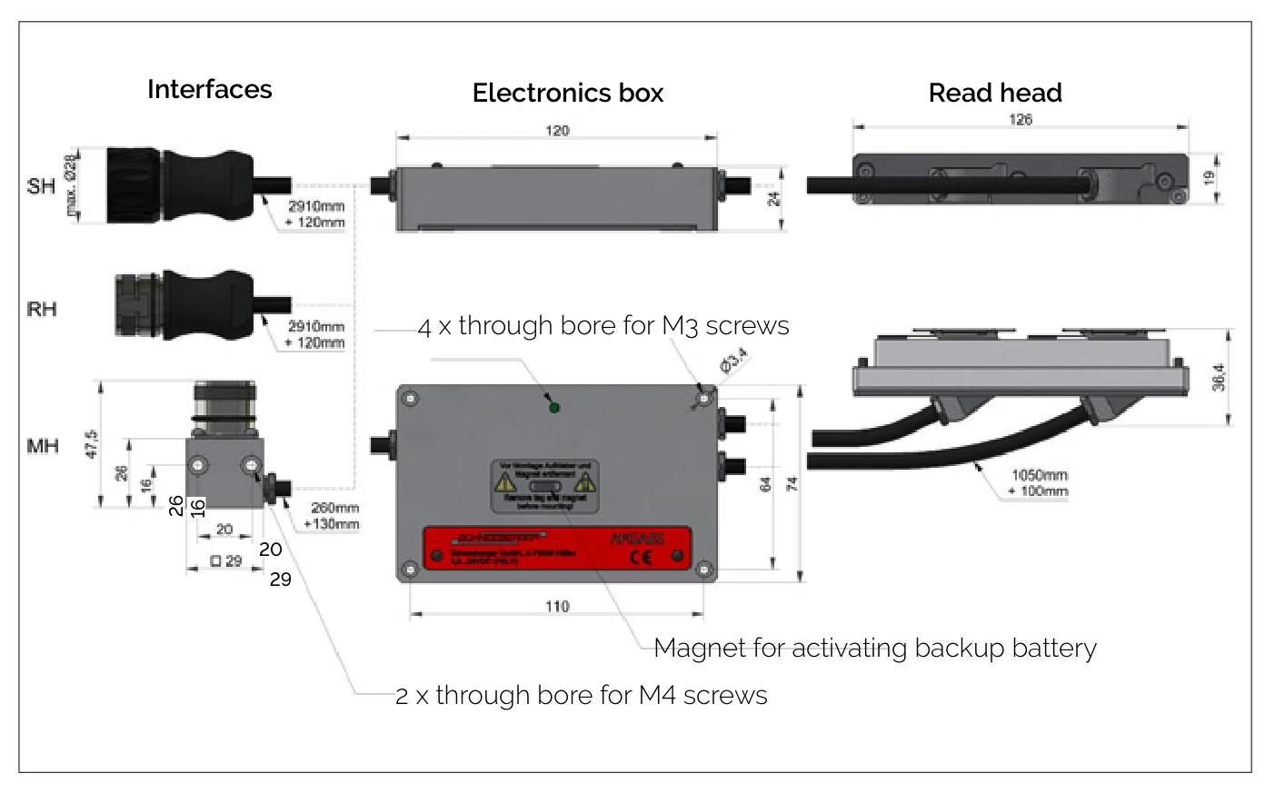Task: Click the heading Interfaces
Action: click(209, 89)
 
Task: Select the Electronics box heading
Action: click(568, 93)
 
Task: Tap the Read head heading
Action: click(995, 93)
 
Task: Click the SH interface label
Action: click(41, 186)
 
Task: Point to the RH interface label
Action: click(42, 309)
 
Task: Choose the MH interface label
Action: click(43, 446)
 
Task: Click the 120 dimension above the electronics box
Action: click(557, 131)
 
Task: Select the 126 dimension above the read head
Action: click(1021, 120)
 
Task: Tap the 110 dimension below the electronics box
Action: click(557, 606)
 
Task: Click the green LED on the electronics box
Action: click(554, 407)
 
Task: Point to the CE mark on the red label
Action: click(641, 557)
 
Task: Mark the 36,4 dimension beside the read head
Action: click(1219, 377)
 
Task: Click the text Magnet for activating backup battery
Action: click(874, 648)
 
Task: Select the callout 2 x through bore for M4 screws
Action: click(582, 695)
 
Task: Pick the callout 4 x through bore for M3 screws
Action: click(603, 325)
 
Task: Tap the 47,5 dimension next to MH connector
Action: click(91, 444)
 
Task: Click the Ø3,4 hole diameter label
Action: click(733, 361)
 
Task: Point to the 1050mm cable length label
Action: click(1040, 475)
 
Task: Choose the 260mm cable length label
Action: click(334, 508)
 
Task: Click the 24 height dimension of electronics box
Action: click(773, 198)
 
